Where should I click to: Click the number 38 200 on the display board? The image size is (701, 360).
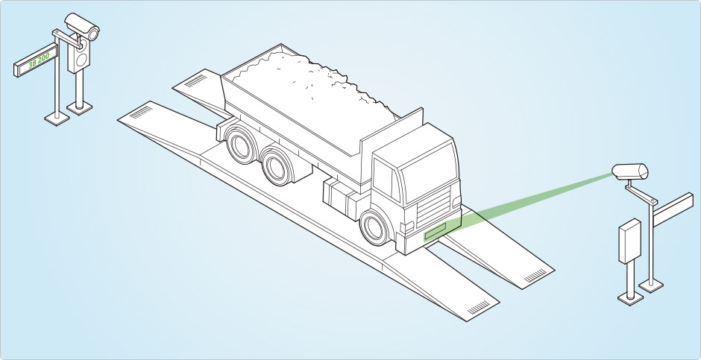tap(39, 60)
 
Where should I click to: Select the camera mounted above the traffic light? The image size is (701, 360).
tap(82, 26)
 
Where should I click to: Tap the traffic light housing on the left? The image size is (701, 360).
tap(79, 54)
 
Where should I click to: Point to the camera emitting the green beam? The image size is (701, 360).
tap(630, 171)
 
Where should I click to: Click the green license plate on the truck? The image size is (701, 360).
tap(435, 231)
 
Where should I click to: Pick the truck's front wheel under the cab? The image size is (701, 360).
tap(374, 227)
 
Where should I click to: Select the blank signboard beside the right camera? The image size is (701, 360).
tap(673, 209)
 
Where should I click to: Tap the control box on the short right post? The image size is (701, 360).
tap(630, 241)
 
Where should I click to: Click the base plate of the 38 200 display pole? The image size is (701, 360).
tap(57, 119)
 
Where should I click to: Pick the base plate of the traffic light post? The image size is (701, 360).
tap(80, 107)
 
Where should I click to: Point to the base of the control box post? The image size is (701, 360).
tap(630, 298)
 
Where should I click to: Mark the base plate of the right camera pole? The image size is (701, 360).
tap(651, 285)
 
